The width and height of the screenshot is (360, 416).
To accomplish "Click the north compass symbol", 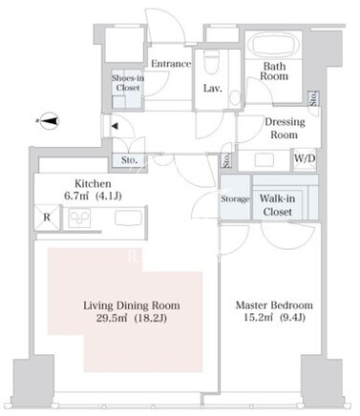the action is point(50,121).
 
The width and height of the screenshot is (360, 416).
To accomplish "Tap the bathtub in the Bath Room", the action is point(274,45).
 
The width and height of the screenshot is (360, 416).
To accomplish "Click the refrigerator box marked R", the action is point(47,218).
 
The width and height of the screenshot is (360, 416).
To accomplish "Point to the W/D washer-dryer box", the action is point(305,159).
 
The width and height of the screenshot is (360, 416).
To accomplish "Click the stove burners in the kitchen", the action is point(79,218).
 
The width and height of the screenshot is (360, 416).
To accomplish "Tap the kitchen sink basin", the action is point(128,218).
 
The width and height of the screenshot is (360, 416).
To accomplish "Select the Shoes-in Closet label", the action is point(128,83).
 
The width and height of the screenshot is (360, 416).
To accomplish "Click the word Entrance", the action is point(171,64).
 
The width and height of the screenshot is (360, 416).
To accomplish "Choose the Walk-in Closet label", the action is point(277,205).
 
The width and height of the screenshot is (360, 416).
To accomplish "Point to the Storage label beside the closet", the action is point(235,199).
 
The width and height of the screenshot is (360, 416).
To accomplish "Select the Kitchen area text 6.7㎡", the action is point(76,196).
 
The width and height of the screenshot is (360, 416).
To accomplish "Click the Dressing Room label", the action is point(285,128).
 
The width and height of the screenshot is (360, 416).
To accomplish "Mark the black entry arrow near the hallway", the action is point(115,126).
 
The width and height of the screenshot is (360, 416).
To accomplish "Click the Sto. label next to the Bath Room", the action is point(314,98).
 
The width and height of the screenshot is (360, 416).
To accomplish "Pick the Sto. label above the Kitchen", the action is point(129,160).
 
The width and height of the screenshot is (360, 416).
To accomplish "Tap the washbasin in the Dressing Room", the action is point(265,160).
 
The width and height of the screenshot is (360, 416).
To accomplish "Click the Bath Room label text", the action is point(274,72).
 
